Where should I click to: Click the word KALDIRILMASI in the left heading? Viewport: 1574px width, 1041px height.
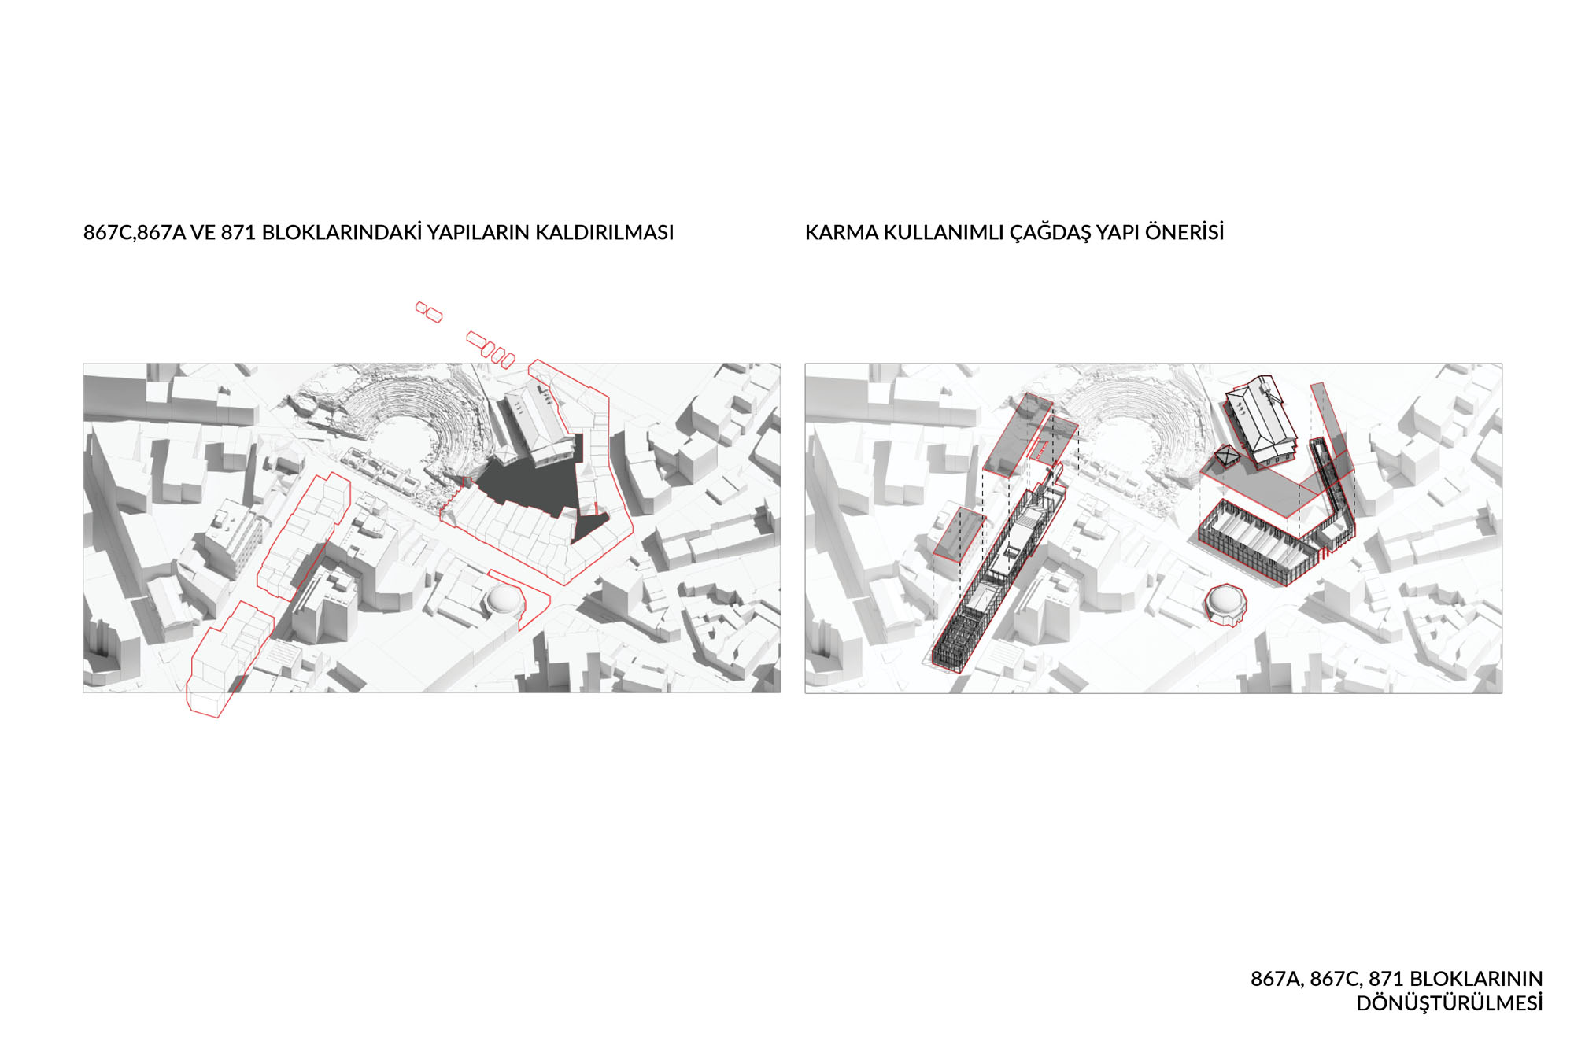[x=604, y=233]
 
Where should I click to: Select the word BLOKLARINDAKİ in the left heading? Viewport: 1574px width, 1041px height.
[x=342, y=232]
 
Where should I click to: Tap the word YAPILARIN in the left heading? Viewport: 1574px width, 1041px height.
[x=478, y=233]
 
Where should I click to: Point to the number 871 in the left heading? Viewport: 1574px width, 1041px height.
[x=238, y=233]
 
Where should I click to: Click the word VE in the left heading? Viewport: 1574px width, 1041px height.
[x=203, y=233]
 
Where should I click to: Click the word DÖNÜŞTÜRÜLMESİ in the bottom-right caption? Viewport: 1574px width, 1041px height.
[x=1449, y=1003]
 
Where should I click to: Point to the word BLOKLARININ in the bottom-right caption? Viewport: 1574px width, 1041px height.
[x=1476, y=979]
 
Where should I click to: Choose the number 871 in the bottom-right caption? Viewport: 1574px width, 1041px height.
[x=1386, y=979]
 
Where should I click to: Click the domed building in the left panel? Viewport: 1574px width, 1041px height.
[x=504, y=600]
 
